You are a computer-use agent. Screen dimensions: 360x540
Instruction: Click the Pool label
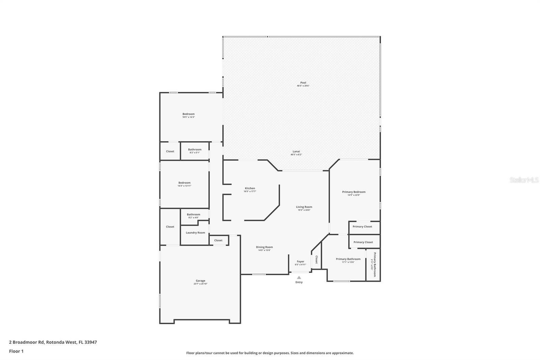303,83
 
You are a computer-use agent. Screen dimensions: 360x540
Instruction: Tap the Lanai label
296,152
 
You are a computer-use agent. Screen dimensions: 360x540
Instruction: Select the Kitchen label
250,188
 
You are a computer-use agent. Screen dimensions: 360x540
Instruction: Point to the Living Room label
304,207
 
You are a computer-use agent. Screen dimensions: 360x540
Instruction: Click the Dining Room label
264,247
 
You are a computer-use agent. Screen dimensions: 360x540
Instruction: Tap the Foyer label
300,261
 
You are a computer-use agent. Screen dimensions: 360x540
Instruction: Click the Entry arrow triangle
299,278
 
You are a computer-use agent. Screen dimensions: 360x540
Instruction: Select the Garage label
200,281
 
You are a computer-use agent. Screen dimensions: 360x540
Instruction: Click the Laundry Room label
195,233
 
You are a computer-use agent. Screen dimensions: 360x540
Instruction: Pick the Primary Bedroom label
354,192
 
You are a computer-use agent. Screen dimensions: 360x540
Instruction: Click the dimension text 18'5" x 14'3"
188,117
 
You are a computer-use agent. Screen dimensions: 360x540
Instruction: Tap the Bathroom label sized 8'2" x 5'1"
195,150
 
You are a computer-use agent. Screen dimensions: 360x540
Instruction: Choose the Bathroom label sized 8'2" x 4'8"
193,214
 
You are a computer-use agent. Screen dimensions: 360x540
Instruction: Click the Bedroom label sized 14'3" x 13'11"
184,183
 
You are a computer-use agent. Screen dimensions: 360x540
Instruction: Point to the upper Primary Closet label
362,227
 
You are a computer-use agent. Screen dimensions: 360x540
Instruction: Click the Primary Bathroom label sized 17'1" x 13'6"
348,259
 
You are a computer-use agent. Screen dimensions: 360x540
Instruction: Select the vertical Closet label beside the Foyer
316,259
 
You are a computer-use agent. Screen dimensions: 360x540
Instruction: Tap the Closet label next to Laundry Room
218,240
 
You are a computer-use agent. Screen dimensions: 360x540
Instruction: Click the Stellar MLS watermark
524,180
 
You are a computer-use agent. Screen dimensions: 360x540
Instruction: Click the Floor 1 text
16,351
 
